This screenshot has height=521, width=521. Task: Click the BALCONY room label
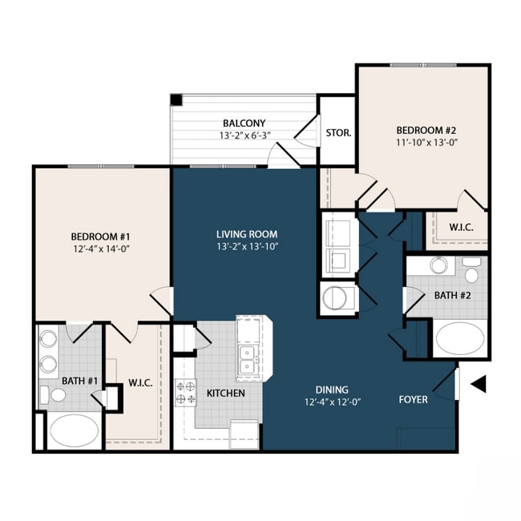239,123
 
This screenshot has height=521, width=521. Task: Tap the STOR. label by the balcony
337,132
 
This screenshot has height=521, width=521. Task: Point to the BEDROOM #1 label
100,236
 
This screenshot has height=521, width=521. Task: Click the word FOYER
413,399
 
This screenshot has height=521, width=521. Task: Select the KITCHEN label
226,394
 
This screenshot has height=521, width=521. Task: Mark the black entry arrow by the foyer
478,385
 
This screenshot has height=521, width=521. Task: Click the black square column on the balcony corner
176,100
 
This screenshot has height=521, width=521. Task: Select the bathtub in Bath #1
74,430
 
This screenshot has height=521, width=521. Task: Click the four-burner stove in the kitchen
186,392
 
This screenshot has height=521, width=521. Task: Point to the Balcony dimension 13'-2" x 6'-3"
239,135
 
